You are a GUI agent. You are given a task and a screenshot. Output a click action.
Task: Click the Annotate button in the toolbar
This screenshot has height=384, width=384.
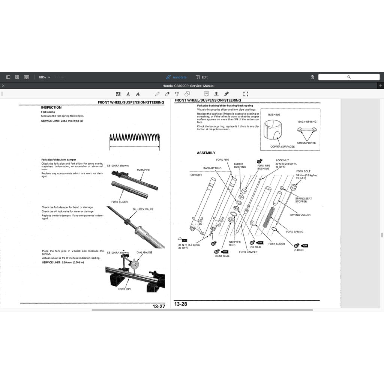(x=176, y=77)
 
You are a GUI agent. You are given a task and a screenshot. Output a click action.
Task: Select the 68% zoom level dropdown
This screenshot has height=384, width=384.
(x=44, y=77)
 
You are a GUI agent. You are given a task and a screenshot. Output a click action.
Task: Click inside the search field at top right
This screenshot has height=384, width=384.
(x=349, y=77)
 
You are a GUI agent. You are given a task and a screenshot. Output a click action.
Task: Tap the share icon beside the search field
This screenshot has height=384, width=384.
(x=312, y=77)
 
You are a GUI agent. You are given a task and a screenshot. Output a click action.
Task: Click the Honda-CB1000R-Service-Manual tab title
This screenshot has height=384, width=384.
(x=188, y=86)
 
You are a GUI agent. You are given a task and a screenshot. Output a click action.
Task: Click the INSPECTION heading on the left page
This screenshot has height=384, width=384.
(x=51, y=108)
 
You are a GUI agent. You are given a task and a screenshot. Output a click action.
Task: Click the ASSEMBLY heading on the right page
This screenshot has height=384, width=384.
(x=206, y=153)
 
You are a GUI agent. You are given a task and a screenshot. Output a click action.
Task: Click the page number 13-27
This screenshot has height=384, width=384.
(x=159, y=306)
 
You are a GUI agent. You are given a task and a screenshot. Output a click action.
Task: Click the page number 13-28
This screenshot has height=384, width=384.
(x=181, y=304)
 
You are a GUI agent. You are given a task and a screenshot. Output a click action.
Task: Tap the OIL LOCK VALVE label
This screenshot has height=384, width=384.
(x=143, y=210)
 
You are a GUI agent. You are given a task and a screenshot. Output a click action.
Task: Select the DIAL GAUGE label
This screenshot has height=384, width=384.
(x=144, y=252)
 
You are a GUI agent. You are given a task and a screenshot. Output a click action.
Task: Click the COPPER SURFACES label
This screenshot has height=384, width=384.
(x=282, y=147)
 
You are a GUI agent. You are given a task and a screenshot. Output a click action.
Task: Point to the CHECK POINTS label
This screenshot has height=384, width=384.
(x=306, y=143)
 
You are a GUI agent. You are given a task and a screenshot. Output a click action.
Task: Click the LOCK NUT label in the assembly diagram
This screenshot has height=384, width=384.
(x=282, y=160)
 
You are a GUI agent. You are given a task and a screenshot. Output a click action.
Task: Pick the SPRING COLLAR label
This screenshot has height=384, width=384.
(x=300, y=215)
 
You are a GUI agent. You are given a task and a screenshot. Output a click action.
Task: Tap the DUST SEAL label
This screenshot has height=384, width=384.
(x=222, y=256)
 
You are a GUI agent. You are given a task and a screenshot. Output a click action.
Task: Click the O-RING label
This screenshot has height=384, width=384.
(x=299, y=250)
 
